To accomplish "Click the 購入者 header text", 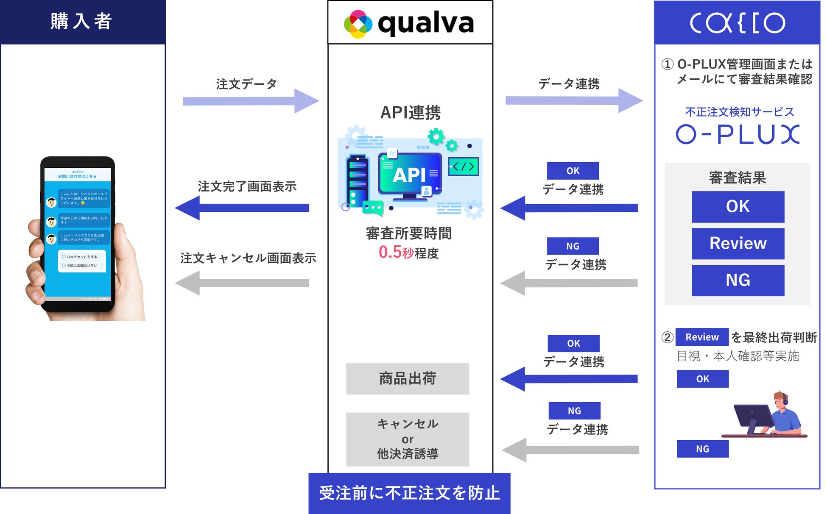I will pos(81,21).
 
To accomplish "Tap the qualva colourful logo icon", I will pos(358,24).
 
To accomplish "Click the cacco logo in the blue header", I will pos(737,23).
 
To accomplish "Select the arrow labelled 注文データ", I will pos(250,101).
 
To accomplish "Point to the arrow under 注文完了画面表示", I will pos(242,208).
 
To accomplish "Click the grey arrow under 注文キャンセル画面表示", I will pos(242,283).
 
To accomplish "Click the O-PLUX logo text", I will pos(738,134).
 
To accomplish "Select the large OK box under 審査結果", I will pos(738,207).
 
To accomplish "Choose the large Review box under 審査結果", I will pos(738,244).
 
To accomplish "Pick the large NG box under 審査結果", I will pos(738,281).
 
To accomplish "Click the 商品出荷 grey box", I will pos(407,378).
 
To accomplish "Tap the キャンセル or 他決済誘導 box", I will pos(407,439).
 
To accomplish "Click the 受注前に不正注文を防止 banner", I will pos(409,493).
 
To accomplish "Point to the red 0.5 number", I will pos(390,252).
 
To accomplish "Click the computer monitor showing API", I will pos(410,175).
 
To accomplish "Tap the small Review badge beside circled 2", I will pos(701,337).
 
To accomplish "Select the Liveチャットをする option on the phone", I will pos(81,257).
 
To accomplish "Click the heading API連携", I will pos(410,113).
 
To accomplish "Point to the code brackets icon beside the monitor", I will pos(463,167).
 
